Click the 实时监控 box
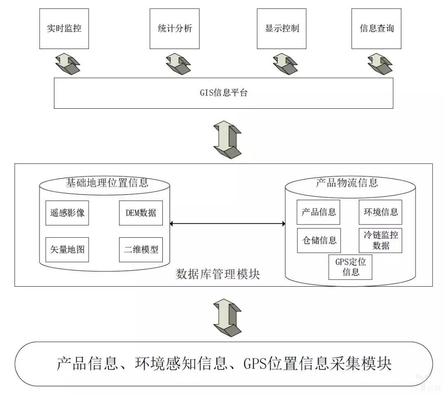64,28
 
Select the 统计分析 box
175,28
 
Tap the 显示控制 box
282,28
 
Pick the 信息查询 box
376,28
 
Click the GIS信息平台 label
223,93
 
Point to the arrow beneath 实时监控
68,63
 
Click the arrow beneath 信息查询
379,63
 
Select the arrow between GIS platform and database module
227,138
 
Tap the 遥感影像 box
67,213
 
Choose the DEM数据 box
141,213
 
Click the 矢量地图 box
67,250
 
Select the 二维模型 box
141,250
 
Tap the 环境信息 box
380,212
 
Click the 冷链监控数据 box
380,240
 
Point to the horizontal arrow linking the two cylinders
227,224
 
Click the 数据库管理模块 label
218,274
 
